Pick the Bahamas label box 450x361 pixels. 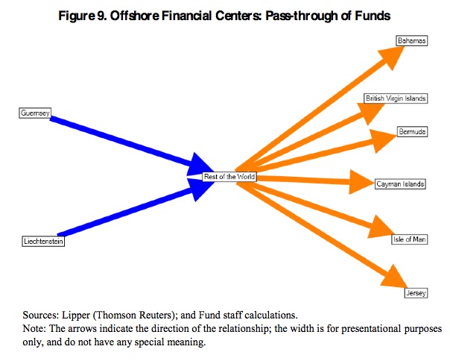(x=412, y=42)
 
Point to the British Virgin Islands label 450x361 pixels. (x=394, y=98)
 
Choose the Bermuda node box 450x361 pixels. (x=412, y=132)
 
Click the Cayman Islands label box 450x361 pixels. (x=400, y=183)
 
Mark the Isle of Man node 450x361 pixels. (x=409, y=239)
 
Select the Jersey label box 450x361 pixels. (x=416, y=294)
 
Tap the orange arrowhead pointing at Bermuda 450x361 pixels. (x=383, y=138)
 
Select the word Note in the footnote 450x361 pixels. (x=37, y=328)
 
